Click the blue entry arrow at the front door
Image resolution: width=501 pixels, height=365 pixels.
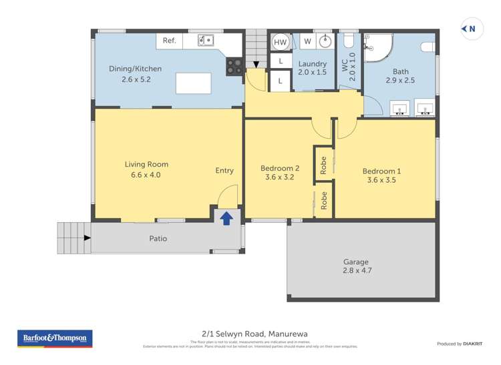click(x=226, y=218)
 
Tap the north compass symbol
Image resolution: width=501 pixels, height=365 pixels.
click(x=470, y=28)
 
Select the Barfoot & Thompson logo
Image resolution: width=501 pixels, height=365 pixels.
click(x=55, y=338)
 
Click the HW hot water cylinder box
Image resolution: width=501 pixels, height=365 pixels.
click(x=280, y=41)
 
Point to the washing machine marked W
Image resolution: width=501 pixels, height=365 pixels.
click(x=307, y=41)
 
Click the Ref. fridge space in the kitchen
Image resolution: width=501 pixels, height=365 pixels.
click(x=170, y=41)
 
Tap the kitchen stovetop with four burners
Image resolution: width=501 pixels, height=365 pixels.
click(x=235, y=65)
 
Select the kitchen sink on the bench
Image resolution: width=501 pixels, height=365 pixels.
click(x=205, y=41)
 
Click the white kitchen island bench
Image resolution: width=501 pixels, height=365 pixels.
click(x=193, y=84)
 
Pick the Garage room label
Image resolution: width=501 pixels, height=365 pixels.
click(x=355, y=262)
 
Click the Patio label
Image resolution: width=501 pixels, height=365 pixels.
click(x=158, y=238)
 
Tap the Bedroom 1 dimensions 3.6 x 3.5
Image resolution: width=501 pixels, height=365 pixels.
click(x=381, y=179)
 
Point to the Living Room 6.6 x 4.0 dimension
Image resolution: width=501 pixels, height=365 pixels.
click(x=146, y=175)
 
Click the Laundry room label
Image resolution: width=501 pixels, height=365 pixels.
click(x=312, y=63)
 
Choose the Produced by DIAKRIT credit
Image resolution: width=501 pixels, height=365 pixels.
click(x=459, y=344)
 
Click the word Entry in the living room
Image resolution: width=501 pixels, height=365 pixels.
click(x=224, y=170)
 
